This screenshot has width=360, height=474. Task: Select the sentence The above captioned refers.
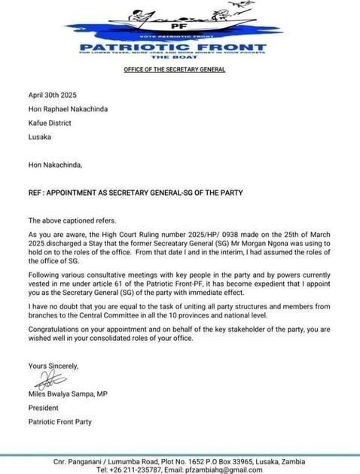(x=69, y=220)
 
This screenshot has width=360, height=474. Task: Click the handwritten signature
(x=45, y=378)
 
